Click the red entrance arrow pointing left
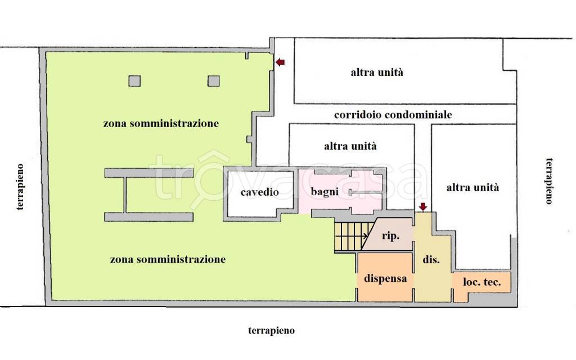[x=280, y=62]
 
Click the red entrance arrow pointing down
[x=423, y=207]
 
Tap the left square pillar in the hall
[x=134, y=81]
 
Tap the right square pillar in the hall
[x=213, y=81]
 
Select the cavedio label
[x=260, y=192]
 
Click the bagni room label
[x=325, y=192]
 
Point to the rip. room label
[x=390, y=236]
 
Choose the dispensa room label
[x=385, y=278]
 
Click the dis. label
[x=431, y=259]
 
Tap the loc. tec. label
[x=481, y=282]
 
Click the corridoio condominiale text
[x=393, y=115]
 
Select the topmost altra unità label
[x=377, y=72]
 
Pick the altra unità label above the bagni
[x=350, y=146]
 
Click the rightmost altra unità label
[x=472, y=188]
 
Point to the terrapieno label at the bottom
[x=272, y=331]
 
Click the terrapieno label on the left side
[x=20, y=187]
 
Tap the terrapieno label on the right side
[x=549, y=181]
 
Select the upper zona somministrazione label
[x=161, y=123]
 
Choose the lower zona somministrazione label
[x=168, y=260]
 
